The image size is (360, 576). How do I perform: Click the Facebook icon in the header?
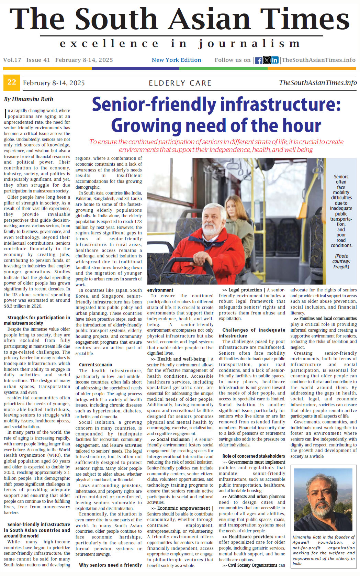click(259, 60)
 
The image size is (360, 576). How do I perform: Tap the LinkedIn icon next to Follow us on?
click(275, 60)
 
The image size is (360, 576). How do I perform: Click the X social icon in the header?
click(267, 60)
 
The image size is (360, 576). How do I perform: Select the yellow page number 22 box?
click(12, 82)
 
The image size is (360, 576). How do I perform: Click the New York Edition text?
click(176, 60)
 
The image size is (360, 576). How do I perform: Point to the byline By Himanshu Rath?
click(29, 99)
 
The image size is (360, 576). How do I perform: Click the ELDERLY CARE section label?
click(180, 83)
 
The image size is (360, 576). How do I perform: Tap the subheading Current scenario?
click(95, 365)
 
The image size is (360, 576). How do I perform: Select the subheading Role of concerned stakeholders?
click(254, 456)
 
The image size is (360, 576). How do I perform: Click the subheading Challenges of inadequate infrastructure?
click(254, 333)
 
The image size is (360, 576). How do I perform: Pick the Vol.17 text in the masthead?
click(12, 60)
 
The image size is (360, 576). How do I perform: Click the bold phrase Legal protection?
click(245, 290)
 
